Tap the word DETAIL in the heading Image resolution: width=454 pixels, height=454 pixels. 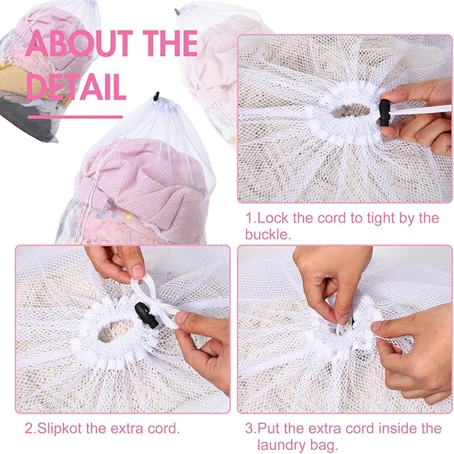tap(76, 87)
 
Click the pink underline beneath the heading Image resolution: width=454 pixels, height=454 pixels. tap(76, 117)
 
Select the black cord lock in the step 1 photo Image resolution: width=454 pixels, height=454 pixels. tap(385, 112)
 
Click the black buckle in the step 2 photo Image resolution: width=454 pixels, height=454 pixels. tap(146, 315)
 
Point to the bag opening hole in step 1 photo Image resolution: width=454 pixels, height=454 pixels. tap(350, 110)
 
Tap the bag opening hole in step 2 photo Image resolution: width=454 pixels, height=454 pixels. tap(115, 331)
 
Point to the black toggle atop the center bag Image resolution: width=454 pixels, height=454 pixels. tap(156, 96)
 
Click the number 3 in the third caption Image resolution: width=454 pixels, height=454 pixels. tap(249, 429)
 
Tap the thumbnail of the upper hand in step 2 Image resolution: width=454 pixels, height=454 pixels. tap(136, 271)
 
